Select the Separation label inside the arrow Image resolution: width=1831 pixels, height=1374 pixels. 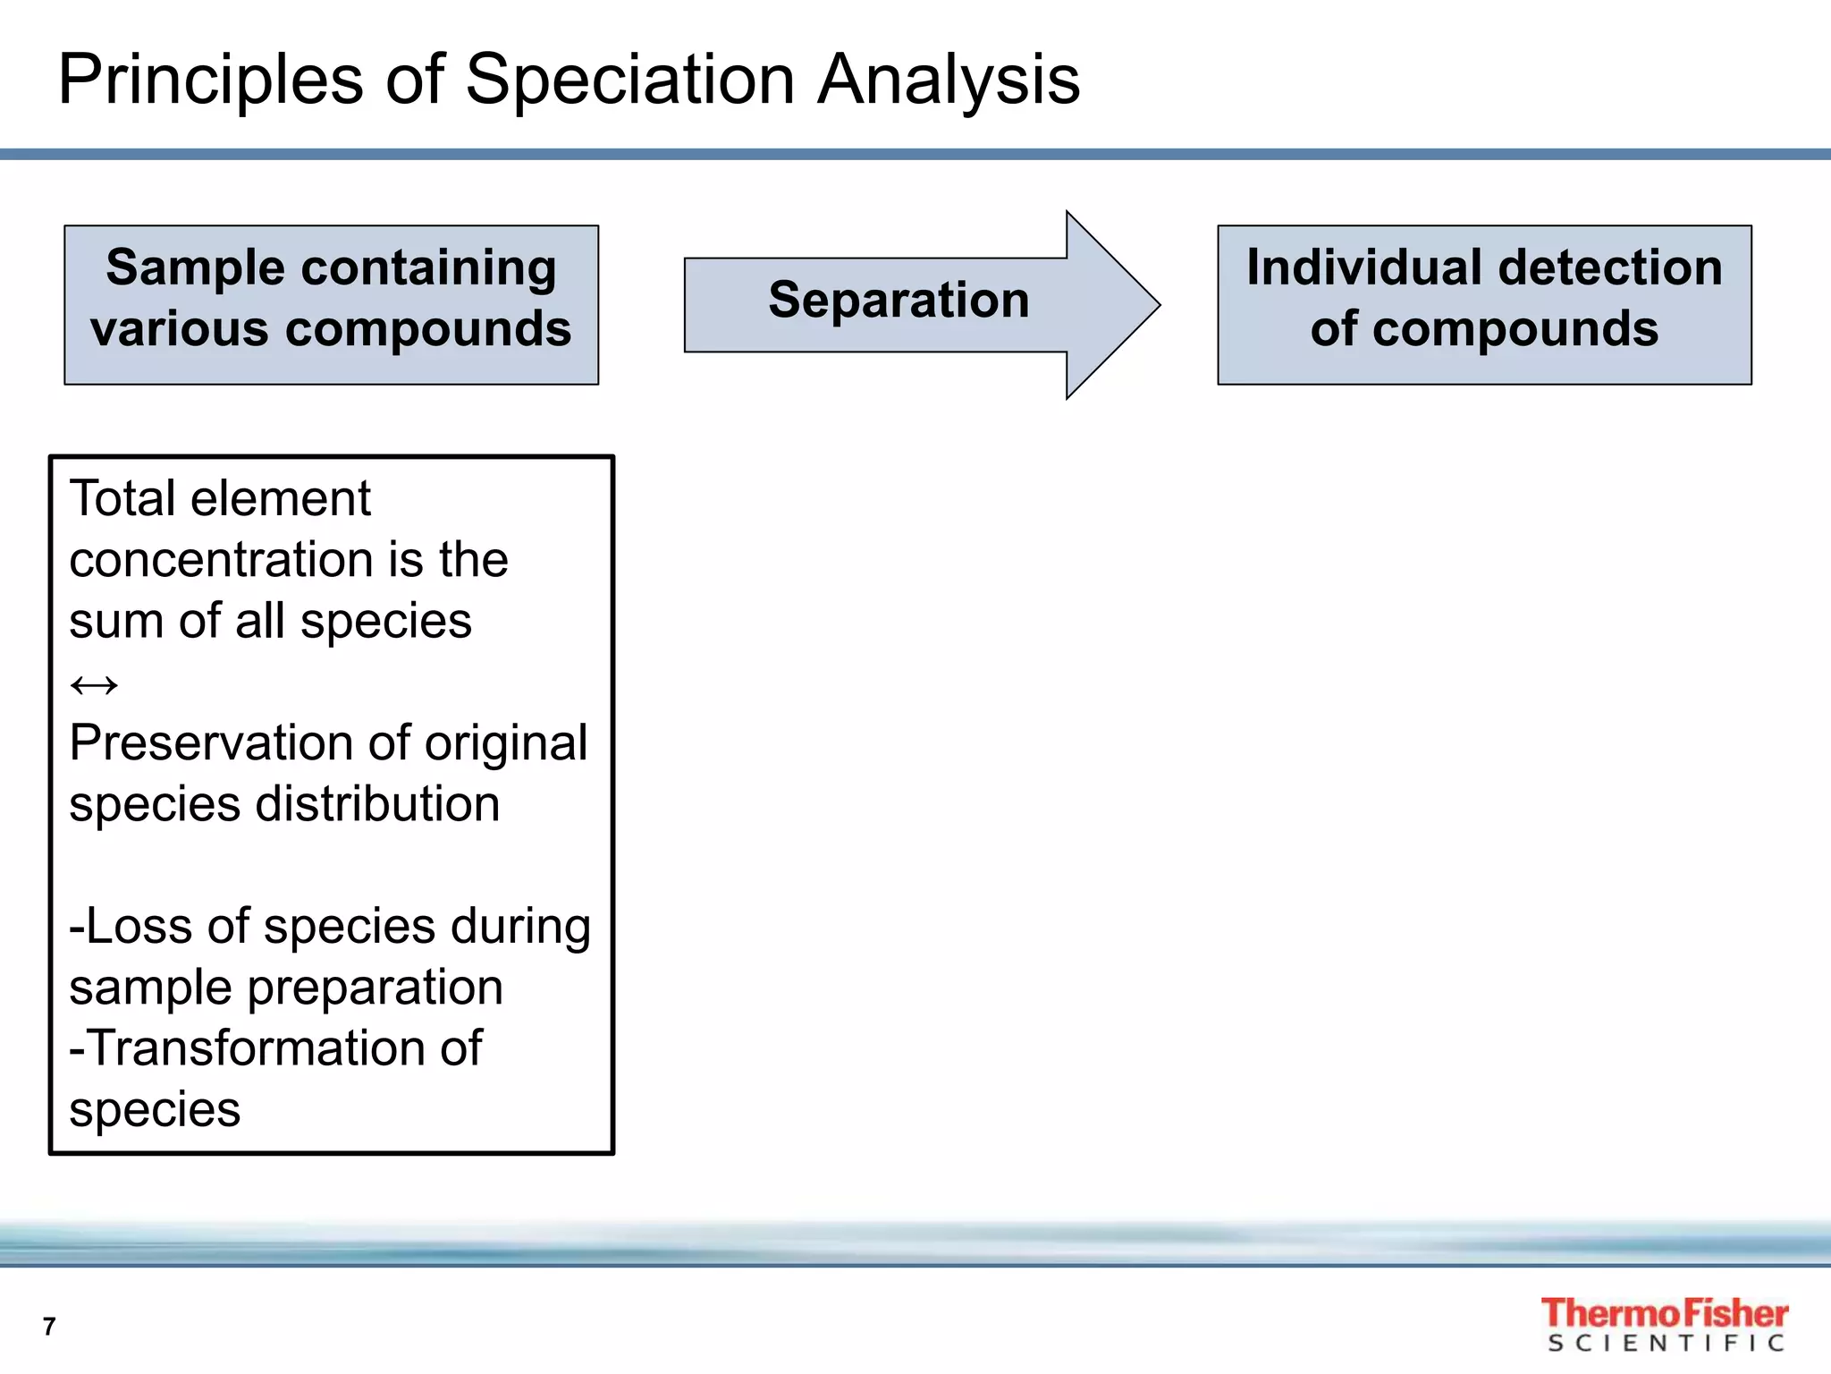tap(898, 300)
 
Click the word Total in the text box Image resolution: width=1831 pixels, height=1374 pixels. tap(120, 498)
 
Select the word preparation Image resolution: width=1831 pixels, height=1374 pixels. tap(375, 988)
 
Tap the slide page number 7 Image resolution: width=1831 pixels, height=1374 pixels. tap(49, 1326)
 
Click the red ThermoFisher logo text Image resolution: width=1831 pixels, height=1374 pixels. tap(1663, 1313)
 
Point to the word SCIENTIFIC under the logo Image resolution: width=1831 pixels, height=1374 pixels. tap(1666, 1344)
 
